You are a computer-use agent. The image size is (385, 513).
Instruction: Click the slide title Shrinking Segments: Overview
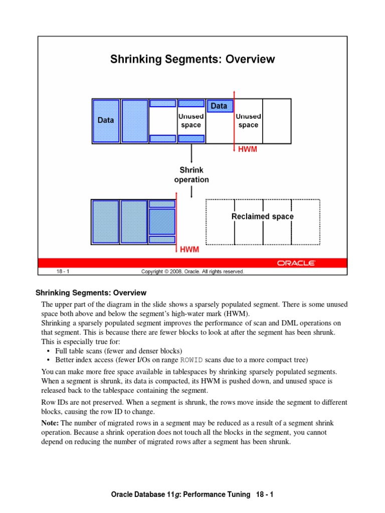click(192, 59)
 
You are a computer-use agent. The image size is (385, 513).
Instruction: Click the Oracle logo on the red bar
click(296, 263)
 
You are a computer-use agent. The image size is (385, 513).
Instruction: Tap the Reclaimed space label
click(262, 216)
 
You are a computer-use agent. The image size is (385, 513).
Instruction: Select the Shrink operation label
click(191, 175)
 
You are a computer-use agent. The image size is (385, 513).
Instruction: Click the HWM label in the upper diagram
click(247, 149)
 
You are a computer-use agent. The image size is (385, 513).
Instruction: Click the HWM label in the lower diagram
click(188, 249)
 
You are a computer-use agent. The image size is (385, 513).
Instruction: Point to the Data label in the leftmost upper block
click(106, 120)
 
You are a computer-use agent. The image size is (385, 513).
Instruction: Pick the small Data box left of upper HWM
click(219, 106)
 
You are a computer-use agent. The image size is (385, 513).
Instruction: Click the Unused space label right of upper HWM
click(248, 121)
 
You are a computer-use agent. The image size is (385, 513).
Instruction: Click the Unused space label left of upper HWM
click(190, 121)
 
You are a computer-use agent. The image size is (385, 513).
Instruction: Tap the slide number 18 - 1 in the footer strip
click(63, 272)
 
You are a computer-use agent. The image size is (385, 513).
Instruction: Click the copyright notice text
click(192, 272)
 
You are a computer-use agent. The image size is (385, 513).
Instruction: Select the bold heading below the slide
click(97, 293)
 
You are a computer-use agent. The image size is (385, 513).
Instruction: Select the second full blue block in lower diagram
click(134, 222)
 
